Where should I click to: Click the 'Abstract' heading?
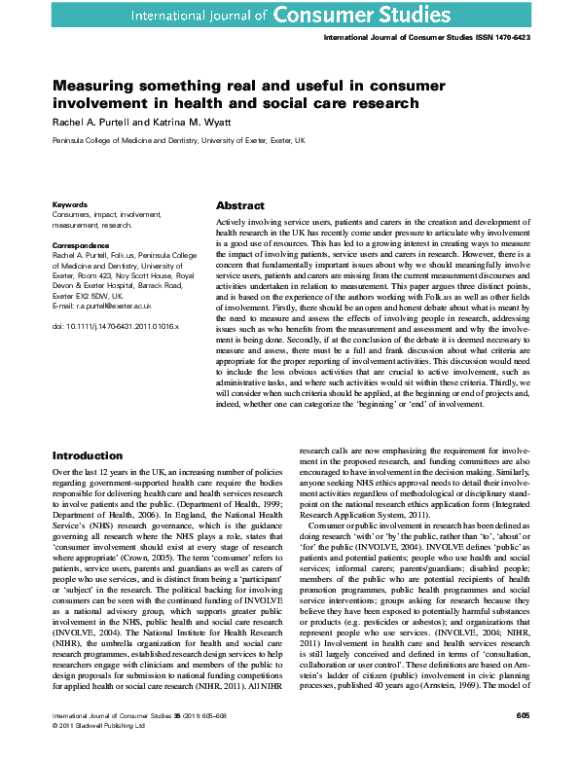pos(239,206)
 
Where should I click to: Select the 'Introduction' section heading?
pos(88,455)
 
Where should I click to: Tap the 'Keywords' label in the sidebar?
pos(69,205)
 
